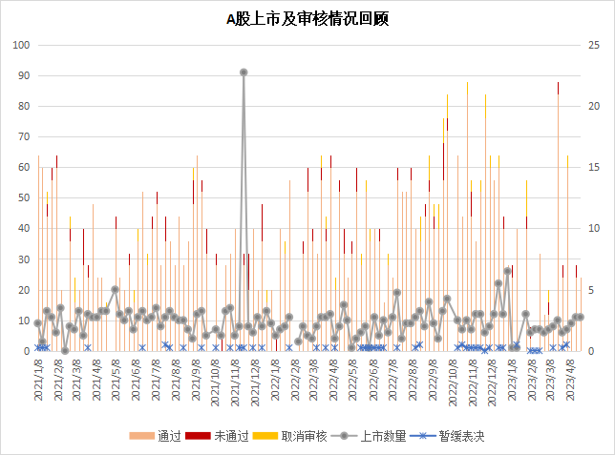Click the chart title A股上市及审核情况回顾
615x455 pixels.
tap(307, 18)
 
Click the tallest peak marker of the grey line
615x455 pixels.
tap(244, 72)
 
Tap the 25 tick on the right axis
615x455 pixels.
tap(592, 45)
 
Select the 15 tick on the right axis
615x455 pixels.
tap(592, 168)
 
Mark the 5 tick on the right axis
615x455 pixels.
tap(590, 290)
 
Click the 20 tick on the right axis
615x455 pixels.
tap(592, 106)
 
